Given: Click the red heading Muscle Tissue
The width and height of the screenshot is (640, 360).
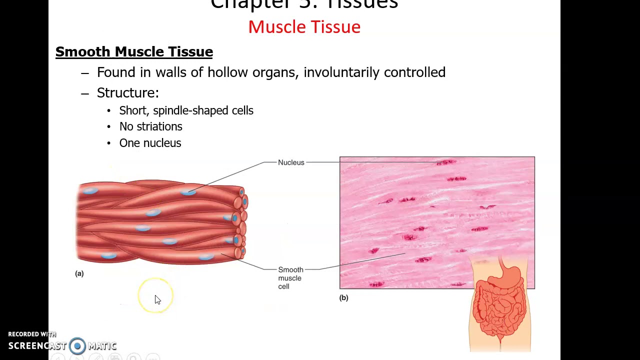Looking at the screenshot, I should click(x=304, y=27).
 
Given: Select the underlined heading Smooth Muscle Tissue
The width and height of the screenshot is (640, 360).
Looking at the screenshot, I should click(x=134, y=51).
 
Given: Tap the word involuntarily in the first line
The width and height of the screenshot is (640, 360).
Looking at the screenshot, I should click(x=341, y=72).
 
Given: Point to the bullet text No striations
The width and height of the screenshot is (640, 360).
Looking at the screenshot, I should click(x=150, y=126).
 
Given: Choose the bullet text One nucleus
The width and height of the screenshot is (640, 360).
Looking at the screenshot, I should click(x=150, y=143).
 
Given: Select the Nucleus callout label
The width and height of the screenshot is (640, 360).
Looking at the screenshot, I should click(x=291, y=162).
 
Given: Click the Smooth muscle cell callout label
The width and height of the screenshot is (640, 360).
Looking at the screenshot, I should click(x=290, y=278).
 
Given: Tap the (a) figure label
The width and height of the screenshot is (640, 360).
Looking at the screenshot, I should click(x=79, y=273).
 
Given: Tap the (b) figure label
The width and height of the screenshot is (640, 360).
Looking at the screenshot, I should click(x=343, y=297).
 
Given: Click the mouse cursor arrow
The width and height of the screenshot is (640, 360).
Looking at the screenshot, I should click(x=157, y=299).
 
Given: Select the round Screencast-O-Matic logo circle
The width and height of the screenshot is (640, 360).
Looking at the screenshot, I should click(x=77, y=345).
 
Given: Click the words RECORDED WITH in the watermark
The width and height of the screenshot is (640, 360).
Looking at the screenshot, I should click(x=32, y=334).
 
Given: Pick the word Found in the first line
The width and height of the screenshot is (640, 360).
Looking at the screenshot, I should click(x=116, y=72).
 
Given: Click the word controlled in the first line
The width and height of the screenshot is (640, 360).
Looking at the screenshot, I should click(x=414, y=72).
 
